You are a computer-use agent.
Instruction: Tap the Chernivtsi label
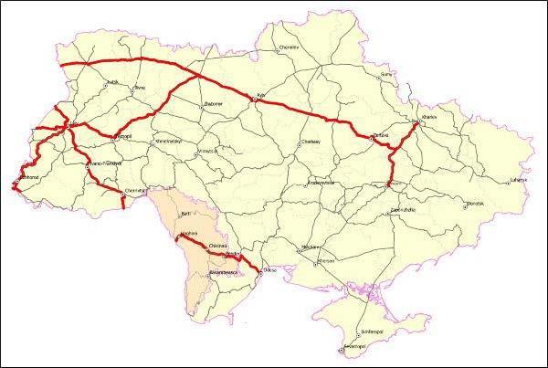135,191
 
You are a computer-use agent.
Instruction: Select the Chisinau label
216,246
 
